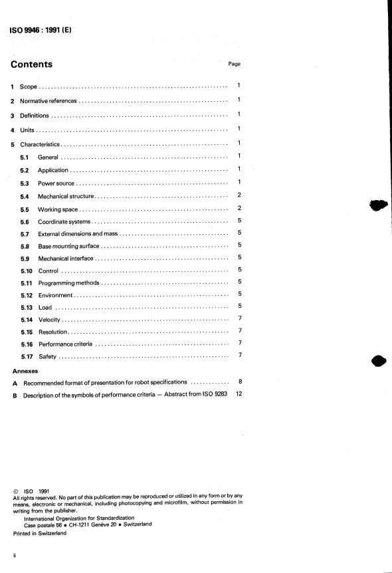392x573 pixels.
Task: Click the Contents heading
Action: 32,64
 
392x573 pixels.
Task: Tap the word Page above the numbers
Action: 234,64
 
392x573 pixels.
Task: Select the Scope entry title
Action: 29,87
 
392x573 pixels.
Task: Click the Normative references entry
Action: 49,102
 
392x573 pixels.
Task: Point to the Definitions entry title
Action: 35,116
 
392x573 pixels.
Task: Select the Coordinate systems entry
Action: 64,221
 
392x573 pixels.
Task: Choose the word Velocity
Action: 50,320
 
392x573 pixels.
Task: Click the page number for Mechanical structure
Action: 239,195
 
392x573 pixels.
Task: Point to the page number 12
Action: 239,395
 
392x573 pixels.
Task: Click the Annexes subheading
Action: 25,371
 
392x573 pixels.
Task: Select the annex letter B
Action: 15,396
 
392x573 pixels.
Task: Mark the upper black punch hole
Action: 377,205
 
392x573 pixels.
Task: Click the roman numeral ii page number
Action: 15,554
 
